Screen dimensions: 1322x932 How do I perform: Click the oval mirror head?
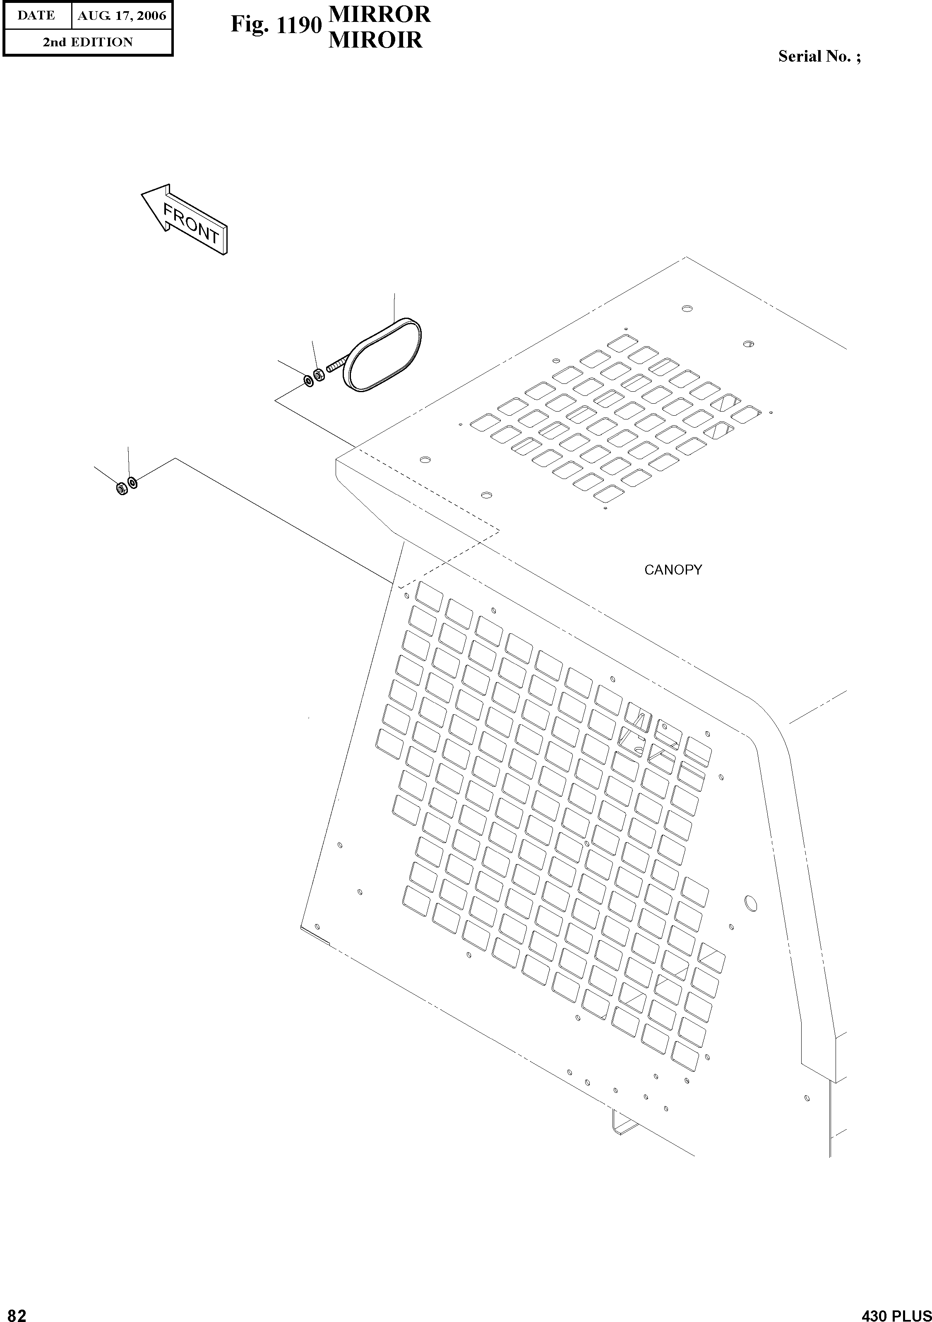click(x=382, y=355)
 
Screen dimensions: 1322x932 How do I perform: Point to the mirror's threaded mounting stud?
click(x=336, y=364)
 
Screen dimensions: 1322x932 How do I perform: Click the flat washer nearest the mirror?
click(x=309, y=381)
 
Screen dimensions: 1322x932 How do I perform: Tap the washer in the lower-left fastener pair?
click(x=132, y=482)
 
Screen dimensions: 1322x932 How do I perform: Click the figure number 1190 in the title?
click(x=298, y=25)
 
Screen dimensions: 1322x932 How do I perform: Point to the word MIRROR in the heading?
click(x=379, y=14)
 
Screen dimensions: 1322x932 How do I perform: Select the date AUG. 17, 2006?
click(x=122, y=16)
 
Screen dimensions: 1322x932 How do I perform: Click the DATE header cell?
click(x=36, y=16)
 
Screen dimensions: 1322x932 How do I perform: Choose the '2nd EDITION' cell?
click(x=88, y=42)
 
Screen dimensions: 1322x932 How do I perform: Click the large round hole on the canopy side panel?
click(x=751, y=903)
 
